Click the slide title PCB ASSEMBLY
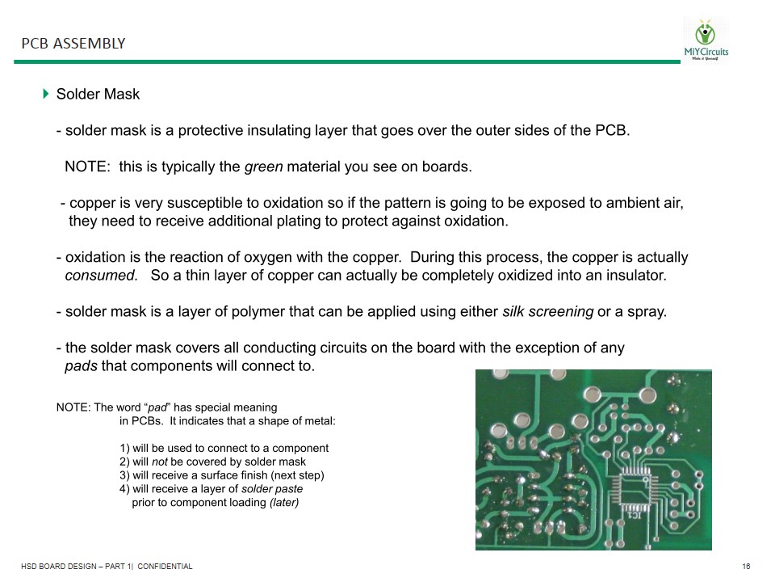pos(73,44)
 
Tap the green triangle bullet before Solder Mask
pos(46,94)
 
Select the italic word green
pos(263,167)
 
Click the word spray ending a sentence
pos(647,312)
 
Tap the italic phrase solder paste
pos(272,489)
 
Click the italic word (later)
pos(283,503)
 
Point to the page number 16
pos(746,567)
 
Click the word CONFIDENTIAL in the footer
pos(165,567)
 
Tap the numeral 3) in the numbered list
pos(125,475)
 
